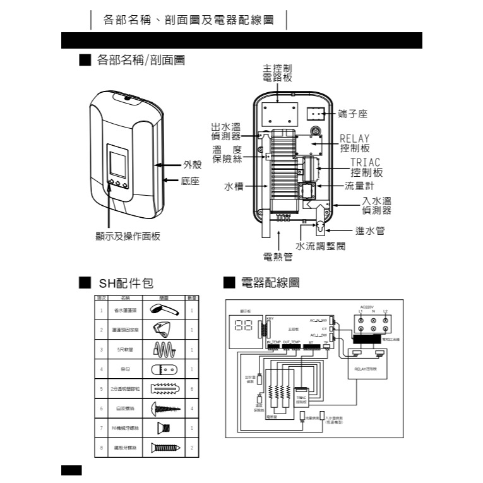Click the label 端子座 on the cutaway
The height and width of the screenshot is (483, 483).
click(x=352, y=114)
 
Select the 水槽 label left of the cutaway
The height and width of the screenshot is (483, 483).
click(x=234, y=187)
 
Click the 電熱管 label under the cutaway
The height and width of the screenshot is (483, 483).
click(x=278, y=256)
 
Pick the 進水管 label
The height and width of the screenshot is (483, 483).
click(x=369, y=231)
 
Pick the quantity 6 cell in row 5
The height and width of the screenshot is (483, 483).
click(x=191, y=390)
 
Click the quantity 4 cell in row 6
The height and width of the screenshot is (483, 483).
click(x=191, y=409)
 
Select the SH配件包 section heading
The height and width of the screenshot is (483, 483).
click(x=126, y=283)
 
